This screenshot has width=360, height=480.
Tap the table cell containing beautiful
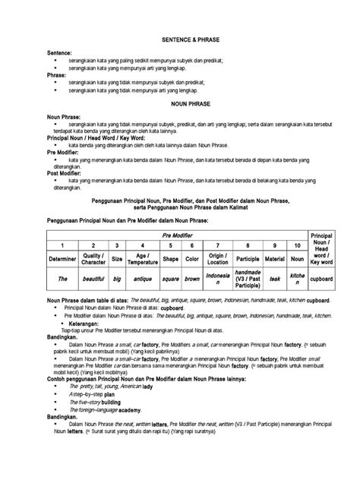[92, 279]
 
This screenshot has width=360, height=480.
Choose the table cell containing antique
[142, 279]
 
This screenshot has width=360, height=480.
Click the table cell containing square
[171, 279]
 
